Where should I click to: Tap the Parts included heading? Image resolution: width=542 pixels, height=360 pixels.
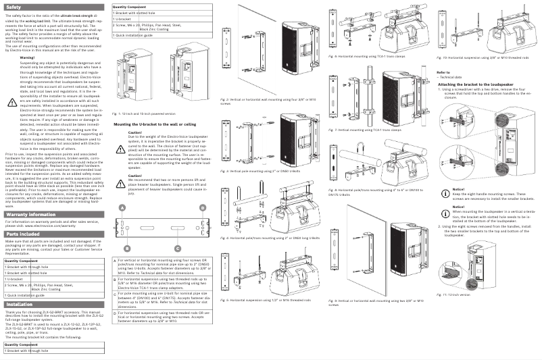pyautogui.click(x=22, y=234)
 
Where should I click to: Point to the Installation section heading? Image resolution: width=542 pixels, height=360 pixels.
pyautogui.click(x=20, y=305)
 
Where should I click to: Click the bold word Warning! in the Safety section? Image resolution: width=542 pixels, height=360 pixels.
pyautogui.click(x=28, y=59)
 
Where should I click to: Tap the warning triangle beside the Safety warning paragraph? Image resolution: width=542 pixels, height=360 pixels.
pyautogui.click(x=11, y=103)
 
